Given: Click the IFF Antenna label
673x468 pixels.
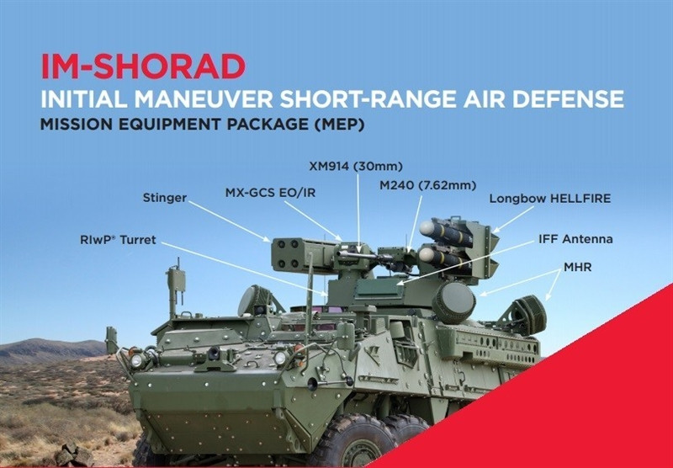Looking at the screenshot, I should tap(575, 239).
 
